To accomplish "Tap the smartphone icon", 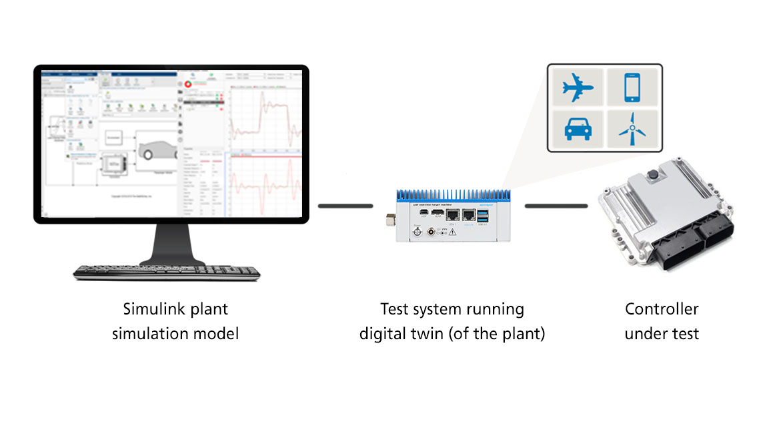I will (632, 87).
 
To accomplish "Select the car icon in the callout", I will (577, 128).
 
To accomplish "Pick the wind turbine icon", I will (631, 128).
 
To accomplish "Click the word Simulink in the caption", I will (148, 309).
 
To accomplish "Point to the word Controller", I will (662, 309).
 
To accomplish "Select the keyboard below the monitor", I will (167, 271).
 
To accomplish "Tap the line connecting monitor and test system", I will (345, 206).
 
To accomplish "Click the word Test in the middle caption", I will (394, 309).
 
